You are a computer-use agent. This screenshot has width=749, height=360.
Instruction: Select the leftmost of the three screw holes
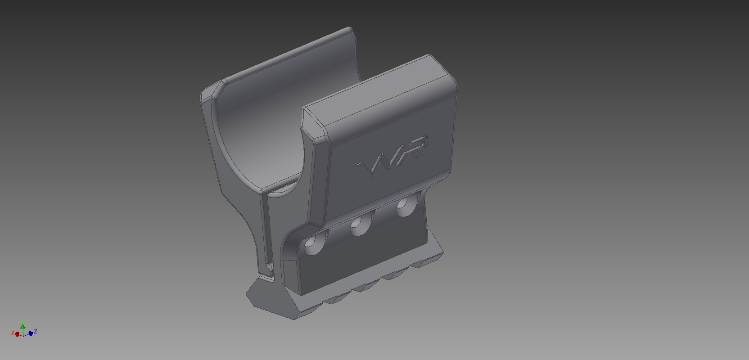(315, 243)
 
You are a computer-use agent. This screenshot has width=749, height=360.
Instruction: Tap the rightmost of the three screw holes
(406, 205)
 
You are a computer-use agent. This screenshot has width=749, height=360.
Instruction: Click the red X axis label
(13, 333)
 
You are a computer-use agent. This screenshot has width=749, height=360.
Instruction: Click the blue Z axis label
(36, 332)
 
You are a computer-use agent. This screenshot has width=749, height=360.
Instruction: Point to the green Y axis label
(23, 321)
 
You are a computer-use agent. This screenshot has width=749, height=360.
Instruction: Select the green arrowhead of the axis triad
(23, 327)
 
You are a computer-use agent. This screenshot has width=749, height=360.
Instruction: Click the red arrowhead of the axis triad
(18, 334)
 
